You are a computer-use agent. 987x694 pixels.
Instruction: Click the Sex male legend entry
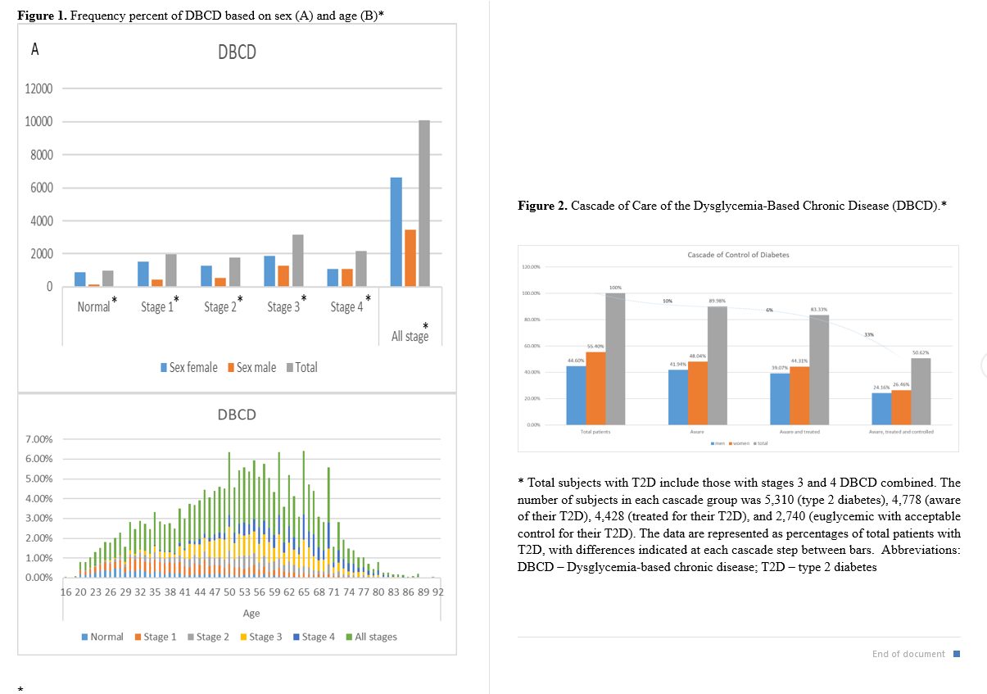pos(256,367)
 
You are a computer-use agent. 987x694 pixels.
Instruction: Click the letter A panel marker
pos(34,50)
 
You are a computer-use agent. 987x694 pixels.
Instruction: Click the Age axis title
pos(251,613)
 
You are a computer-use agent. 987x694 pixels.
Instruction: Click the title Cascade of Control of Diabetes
pos(738,255)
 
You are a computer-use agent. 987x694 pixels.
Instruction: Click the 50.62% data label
pos(921,352)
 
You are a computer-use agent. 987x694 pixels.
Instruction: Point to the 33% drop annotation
pos(868,334)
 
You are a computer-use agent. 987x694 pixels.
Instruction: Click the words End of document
pos(908,654)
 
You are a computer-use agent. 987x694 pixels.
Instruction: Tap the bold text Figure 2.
pos(542,206)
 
